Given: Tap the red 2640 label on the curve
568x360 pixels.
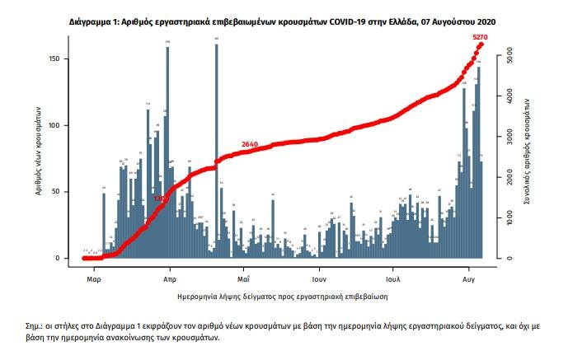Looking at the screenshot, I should pyautogui.click(x=251, y=145).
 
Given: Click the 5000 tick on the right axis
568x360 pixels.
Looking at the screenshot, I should pyautogui.click(x=511, y=60).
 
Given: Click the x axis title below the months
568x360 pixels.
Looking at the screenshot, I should pyautogui.click(x=282, y=294).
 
